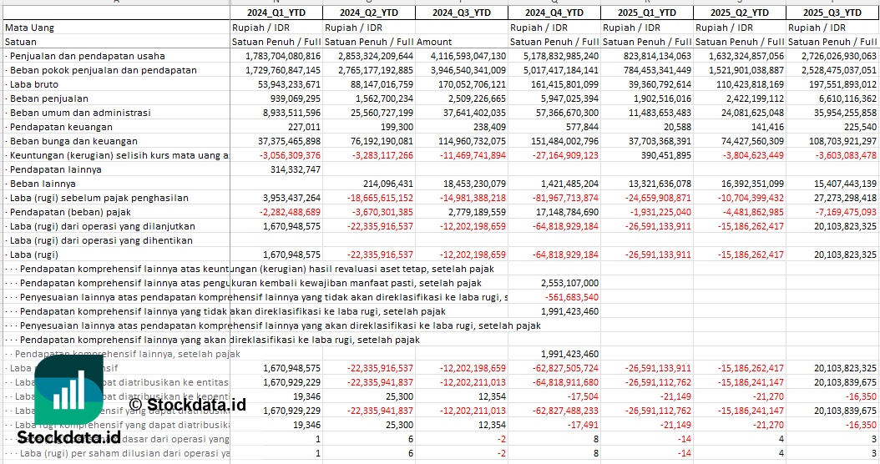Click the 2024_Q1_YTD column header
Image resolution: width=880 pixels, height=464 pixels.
pyautogui.click(x=276, y=13)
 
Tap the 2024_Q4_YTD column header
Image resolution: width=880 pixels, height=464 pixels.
pyautogui.click(x=554, y=13)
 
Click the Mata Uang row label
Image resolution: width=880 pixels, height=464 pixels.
pyautogui.click(x=30, y=28)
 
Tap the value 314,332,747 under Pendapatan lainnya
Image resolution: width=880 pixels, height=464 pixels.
pyautogui.click(x=290, y=169)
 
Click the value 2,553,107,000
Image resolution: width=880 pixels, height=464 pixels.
pyautogui.click(x=569, y=283)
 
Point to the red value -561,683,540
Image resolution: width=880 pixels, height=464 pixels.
pyautogui.click(x=571, y=297)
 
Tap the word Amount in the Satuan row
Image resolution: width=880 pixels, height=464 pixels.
pyautogui.click(x=434, y=42)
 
